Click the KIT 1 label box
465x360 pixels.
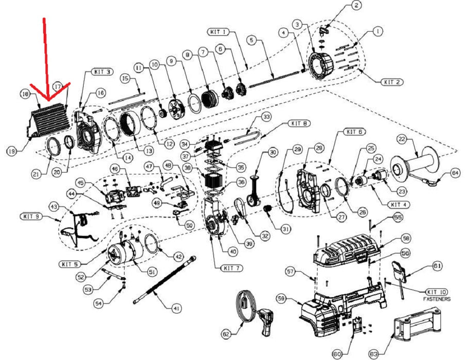[219, 32]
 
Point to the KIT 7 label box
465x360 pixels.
[233, 268]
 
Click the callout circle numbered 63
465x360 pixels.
[373, 353]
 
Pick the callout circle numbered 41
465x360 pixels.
[176, 309]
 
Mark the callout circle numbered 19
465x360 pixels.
[12, 151]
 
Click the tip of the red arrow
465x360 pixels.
[47, 100]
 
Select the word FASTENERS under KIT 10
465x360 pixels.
[437, 299]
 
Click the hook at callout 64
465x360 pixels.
[435, 180]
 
